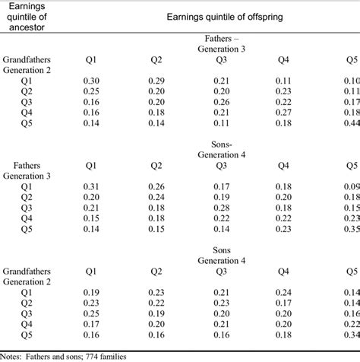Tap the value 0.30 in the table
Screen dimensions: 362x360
[90, 80]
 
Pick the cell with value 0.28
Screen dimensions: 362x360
[221, 208]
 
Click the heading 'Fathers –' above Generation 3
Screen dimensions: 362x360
[221, 37]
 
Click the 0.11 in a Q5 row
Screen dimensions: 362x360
[221, 122]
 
